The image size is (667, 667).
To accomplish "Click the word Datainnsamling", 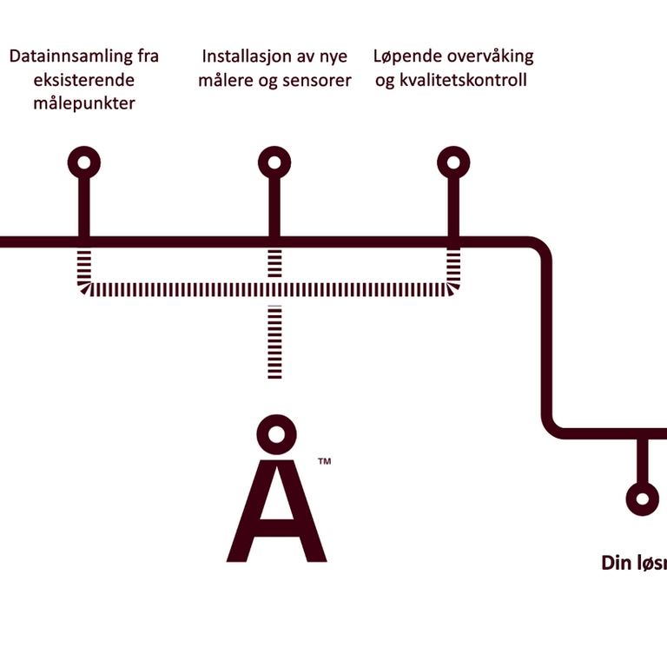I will [x=71, y=57].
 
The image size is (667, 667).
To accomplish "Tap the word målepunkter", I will [x=84, y=104].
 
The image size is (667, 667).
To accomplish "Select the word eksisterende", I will [x=84, y=81].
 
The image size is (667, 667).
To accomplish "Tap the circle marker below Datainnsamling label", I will [x=84, y=162].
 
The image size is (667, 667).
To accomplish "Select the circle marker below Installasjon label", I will [x=274, y=162].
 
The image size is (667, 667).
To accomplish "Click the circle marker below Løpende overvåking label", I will [x=452, y=162].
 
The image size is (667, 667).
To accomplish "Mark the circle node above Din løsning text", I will [x=643, y=499].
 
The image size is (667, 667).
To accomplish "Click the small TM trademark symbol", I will [x=324, y=461].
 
